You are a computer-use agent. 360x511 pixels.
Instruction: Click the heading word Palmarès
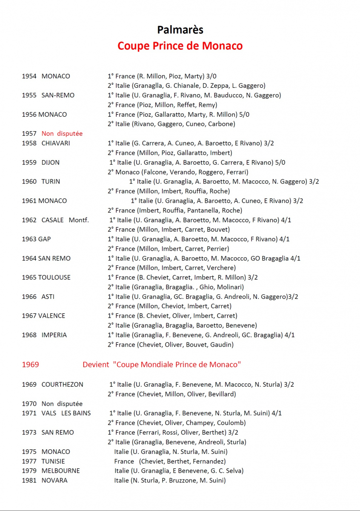point(180,29)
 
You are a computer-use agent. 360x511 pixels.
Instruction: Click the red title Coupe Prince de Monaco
point(180,46)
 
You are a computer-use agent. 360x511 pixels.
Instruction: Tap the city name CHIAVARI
point(56,143)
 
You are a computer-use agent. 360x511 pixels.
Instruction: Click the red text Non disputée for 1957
point(62,134)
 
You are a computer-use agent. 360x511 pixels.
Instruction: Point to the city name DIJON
point(51,162)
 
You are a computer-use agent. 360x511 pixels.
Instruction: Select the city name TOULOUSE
point(54,277)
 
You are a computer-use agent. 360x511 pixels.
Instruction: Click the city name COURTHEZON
point(63,385)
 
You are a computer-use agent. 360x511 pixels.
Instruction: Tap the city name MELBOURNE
point(61,471)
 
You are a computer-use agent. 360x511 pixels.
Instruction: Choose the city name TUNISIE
point(53,461)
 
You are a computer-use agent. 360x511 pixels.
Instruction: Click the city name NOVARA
point(54,480)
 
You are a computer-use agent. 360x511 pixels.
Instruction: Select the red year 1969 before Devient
point(30,365)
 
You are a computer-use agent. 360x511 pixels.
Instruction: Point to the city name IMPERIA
point(54,335)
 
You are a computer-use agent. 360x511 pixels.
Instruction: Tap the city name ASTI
point(48,296)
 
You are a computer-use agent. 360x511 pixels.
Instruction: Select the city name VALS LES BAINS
point(66,413)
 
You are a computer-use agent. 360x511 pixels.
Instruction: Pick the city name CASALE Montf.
point(65,220)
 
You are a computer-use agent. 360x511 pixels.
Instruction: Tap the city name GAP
point(45,239)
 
